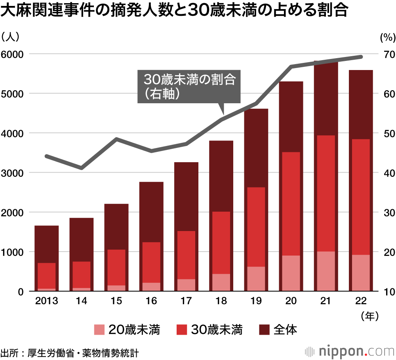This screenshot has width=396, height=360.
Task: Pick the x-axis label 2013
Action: coord(47,301)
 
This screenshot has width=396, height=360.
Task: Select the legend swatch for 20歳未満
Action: coord(99,330)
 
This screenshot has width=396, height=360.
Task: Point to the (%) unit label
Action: coord(387,38)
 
